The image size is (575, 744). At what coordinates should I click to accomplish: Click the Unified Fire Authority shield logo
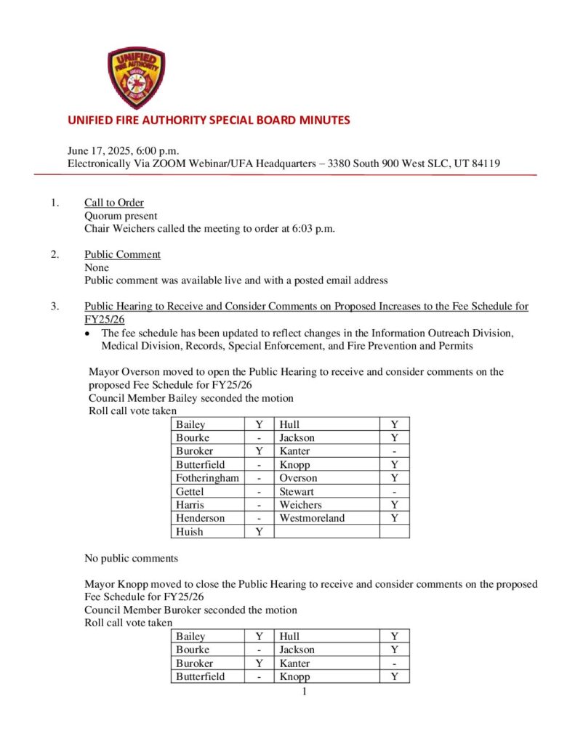[x=136, y=78]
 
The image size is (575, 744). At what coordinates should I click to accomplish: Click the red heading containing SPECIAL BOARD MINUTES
[x=209, y=120]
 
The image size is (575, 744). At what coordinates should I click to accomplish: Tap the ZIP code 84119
[x=482, y=163]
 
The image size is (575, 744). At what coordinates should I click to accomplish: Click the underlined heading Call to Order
[x=114, y=203]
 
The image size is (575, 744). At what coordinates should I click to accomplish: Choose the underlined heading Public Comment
[x=122, y=254]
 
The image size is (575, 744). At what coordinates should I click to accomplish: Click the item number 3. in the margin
[x=55, y=307]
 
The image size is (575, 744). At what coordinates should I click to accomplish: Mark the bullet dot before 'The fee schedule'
[x=88, y=333]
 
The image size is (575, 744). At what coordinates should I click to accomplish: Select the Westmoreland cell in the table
[x=312, y=518]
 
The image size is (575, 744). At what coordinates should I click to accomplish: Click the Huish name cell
[x=190, y=532]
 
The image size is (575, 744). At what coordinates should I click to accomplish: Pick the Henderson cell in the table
[x=200, y=518]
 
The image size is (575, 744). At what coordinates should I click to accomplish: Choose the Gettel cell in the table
[x=190, y=492]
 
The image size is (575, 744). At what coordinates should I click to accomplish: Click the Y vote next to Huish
[x=259, y=532]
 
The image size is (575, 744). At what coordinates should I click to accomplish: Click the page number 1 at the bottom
[x=305, y=691]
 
